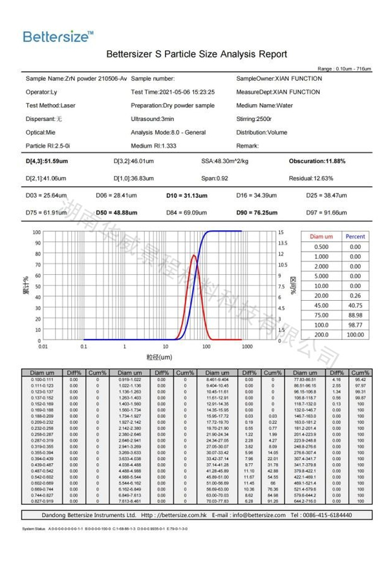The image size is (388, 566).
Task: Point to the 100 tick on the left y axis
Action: pyautogui.click(x=36, y=232)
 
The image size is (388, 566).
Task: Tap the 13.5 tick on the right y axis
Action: pyautogui.click(x=281, y=243)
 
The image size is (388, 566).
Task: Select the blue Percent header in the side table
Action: pyautogui.click(x=355, y=237)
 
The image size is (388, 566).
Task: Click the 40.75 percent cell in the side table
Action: pyautogui.click(x=355, y=305)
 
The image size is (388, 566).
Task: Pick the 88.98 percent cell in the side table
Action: pyautogui.click(x=355, y=315)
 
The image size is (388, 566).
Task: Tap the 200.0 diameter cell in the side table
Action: pyautogui.click(x=321, y=334)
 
